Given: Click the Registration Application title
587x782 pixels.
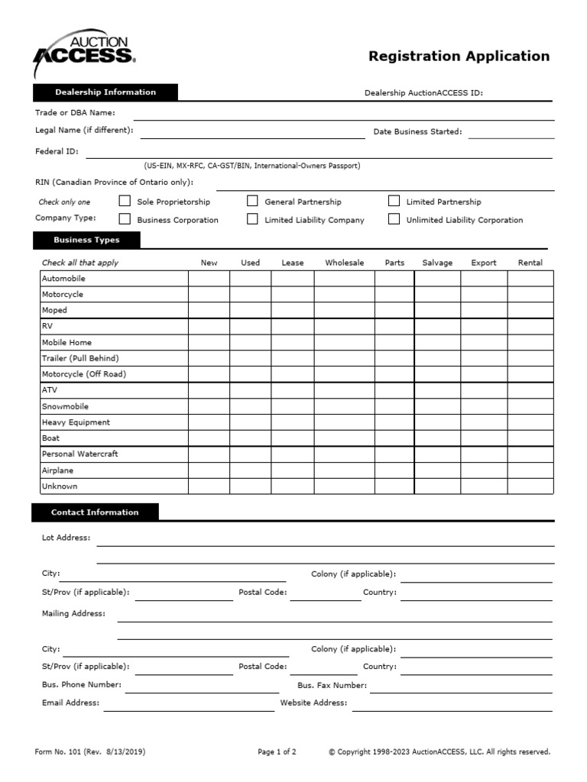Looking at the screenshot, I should [x=459, y=56].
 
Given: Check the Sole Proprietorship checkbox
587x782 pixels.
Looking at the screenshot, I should [x=125, y=202].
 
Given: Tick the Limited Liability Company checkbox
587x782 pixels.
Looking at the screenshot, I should [x=252, y=219].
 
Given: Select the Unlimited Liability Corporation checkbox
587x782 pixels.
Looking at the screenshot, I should [x=394, y=219].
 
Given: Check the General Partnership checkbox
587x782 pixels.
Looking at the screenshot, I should [x=252, y=202].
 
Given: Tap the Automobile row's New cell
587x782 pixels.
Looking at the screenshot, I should [x=209, y=279].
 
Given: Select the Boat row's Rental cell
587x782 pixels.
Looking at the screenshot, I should [x=530, y=438].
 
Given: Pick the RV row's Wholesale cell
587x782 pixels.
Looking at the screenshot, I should [x=344, y=326].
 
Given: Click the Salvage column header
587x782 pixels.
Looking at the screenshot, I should [x=437, y=263].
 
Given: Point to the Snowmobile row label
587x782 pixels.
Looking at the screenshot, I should [x=65, y=406].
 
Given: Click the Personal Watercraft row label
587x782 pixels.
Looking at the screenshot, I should [x=79, y=454].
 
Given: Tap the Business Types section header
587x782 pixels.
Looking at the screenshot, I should [x=86, y=240].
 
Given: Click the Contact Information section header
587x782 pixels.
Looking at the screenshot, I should [x=95, y=512].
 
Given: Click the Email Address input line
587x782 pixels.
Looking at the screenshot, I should [x=189, y=706].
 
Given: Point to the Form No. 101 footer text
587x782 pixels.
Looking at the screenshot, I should [x=89, y=751].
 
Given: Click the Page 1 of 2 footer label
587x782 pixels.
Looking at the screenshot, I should [x=277, y=751].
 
